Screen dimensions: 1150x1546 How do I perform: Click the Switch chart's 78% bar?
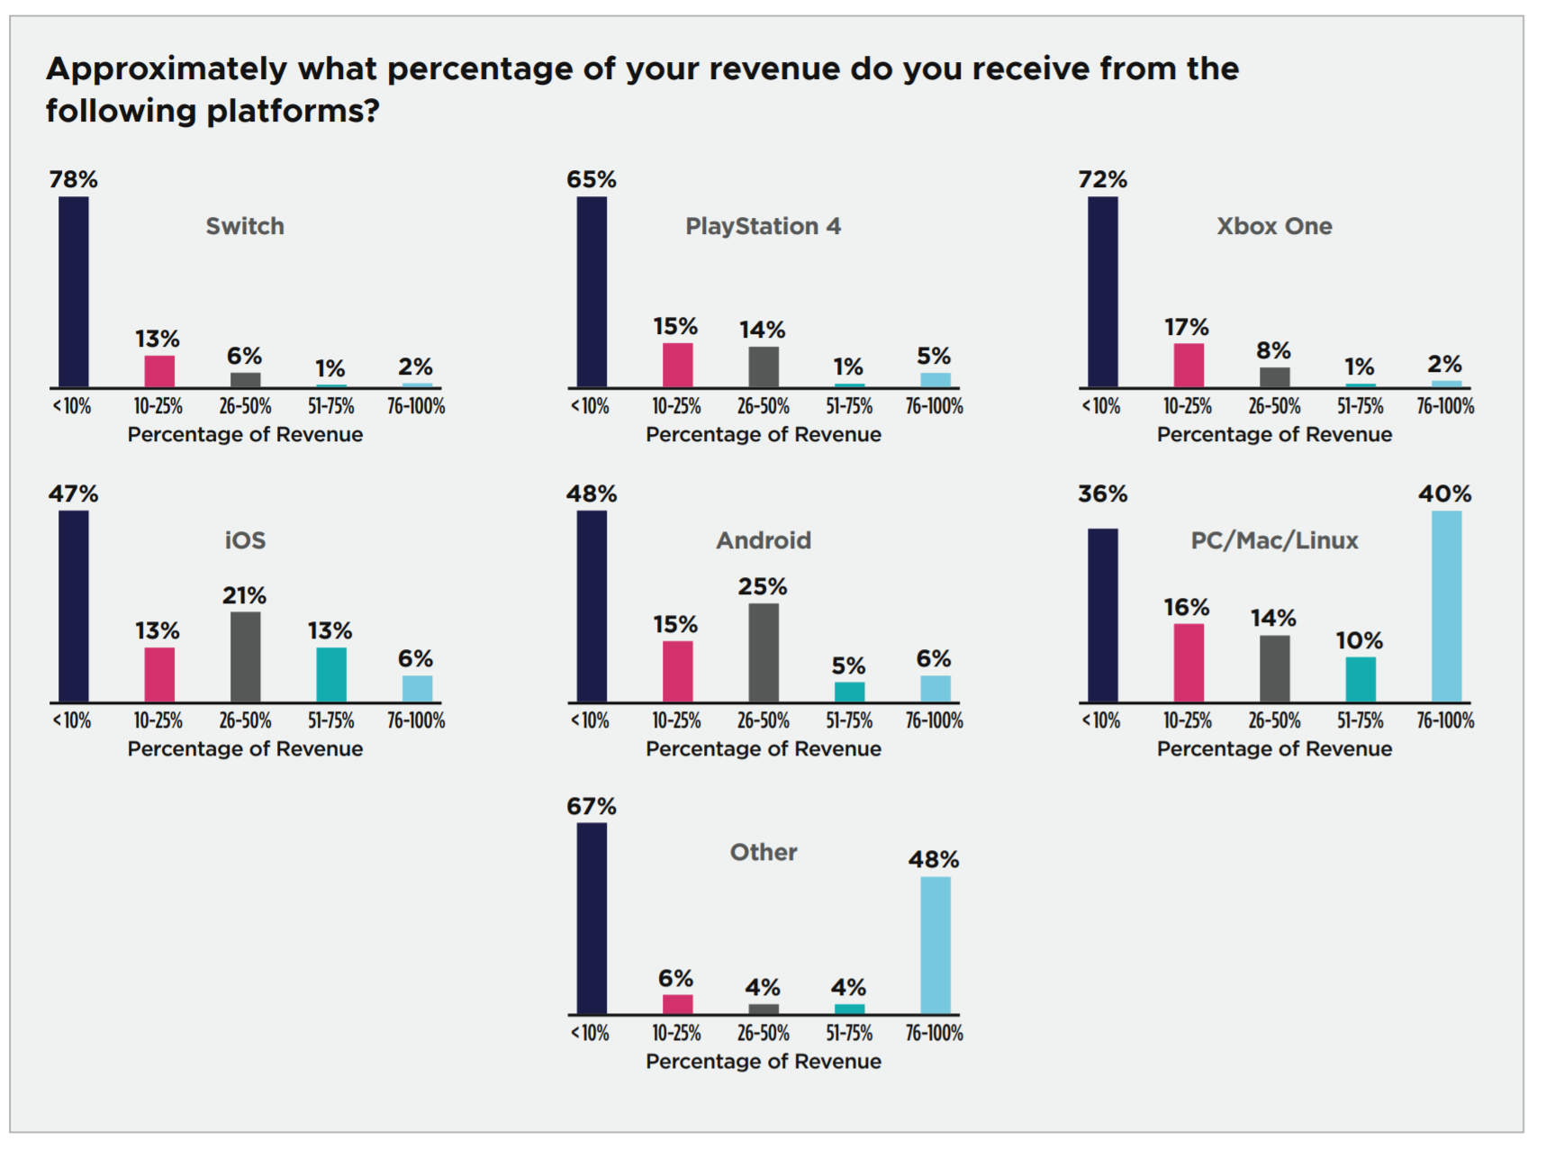[x=74, y=292]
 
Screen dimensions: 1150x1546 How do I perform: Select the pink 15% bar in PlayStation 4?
[x=677, y=365]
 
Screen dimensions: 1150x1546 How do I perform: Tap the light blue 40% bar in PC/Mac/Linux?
[x=1446, y=606]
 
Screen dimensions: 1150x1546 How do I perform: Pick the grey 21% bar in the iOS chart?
[x=245, y=656]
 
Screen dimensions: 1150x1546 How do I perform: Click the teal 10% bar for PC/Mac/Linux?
[x=1360, y=679]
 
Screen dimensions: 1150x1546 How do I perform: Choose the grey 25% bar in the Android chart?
[x=764, y=652]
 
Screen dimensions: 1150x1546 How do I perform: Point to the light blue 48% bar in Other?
[x=935, y=945]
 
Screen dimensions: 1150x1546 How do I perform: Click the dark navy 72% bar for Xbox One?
[x=1102, y=292]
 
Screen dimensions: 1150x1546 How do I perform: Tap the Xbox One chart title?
[x=1274, y=226]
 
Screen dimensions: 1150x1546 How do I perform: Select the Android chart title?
[x=764, y=540]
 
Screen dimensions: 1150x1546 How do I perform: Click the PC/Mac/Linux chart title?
[x=1274, y=540]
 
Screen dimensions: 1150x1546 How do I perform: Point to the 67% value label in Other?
[x=592, y=807]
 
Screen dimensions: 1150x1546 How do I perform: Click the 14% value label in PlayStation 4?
[x=762, y=331]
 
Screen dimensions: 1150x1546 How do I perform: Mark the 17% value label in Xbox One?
[x=1186, y=328]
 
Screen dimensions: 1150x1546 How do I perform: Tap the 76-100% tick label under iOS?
[x=416, y=721]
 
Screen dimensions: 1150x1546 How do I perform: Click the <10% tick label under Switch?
[x=72, y=407]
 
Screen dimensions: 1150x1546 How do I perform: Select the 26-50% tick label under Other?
[x=764, y=1034]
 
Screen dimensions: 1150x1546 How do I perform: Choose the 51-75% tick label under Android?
[x=849, y=721]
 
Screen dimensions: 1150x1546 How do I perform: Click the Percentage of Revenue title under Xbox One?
[x=1274, y=435]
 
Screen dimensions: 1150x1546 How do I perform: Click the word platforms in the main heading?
[x=293, y=112]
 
